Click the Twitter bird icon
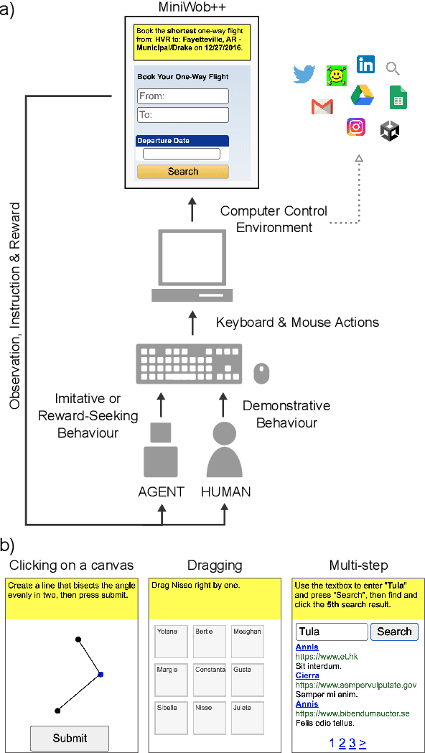(x=304, y=74)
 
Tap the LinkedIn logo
(x=365, y=64)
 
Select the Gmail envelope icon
(x=322, y=107)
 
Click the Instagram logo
(x=356, y=127)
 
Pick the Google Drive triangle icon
(x=360, y=96)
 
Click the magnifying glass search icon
(x=393, y=69)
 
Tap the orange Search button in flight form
(x=183, y=172)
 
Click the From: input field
(x=183, y=96)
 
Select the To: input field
(x=183, y=115)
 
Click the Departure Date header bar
(x=182, y=141)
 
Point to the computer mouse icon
(x=261, y=373)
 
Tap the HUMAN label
(x=226, y=492)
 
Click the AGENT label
(x=161, y=492)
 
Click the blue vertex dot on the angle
(x=101, y=674)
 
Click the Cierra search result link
(x=307, y=676)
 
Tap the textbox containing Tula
(x=331, y=632)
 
